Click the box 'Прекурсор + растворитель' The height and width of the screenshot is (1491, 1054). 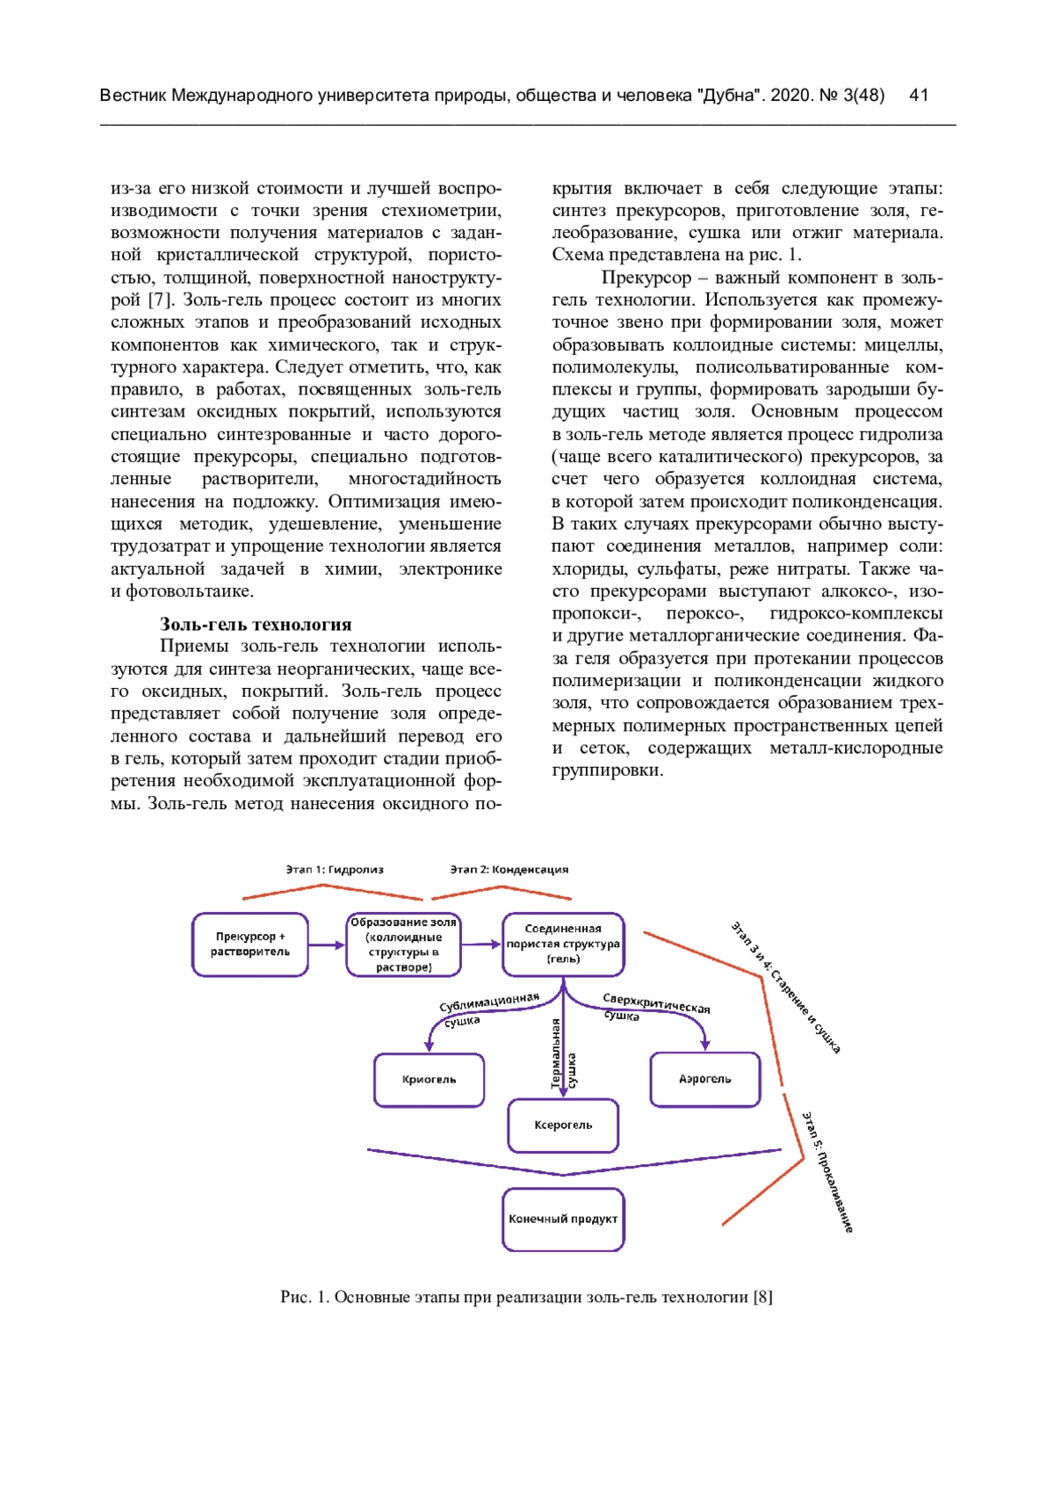(250, 945)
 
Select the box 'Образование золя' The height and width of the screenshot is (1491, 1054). (403, 945)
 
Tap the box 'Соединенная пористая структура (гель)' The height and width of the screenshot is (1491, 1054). (563, 945)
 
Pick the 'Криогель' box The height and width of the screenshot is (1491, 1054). (429, 1080)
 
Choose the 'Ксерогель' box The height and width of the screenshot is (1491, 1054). (563, 1125)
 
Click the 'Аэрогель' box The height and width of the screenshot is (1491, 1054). (704, 1080)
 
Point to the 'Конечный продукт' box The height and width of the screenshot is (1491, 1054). (563, 1220)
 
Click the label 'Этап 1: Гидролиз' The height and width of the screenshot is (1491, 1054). (335, 870)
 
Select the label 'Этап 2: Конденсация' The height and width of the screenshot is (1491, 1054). (509, 870)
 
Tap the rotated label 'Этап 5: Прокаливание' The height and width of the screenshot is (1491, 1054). (827, 1172)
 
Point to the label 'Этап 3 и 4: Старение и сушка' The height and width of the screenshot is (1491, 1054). (786, 988)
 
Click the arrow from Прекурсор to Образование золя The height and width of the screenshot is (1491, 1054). (327, 945)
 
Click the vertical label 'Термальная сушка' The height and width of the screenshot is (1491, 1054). (563, 1054)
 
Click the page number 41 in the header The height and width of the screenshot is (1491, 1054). (919, 96)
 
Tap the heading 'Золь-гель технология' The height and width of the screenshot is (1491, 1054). (256, 625)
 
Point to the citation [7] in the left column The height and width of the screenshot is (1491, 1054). (160, 300)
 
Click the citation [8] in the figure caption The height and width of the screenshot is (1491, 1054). (762, 1297)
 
